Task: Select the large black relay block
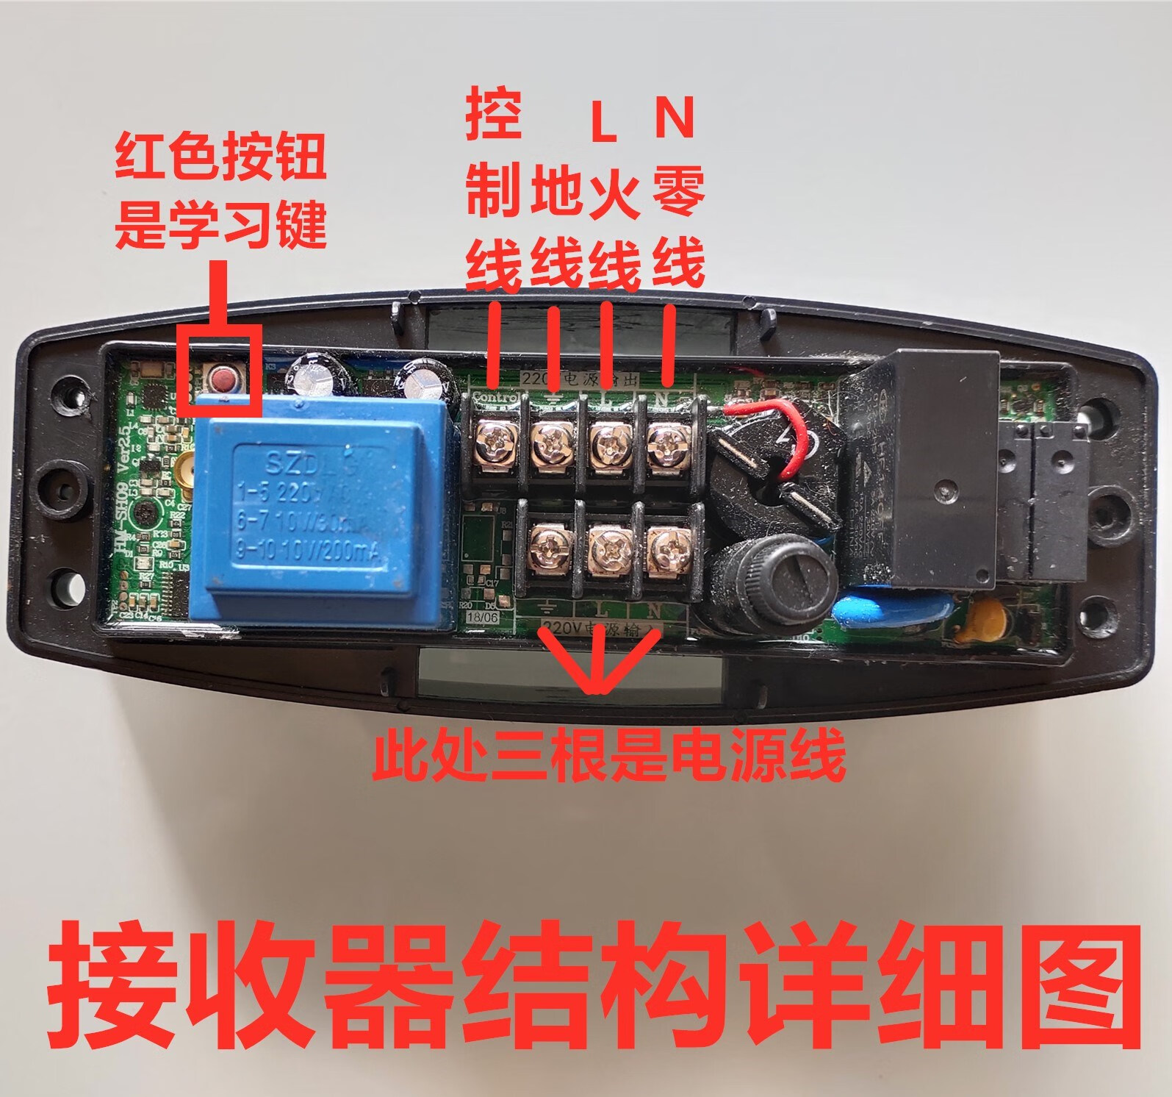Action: coord(926,471)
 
